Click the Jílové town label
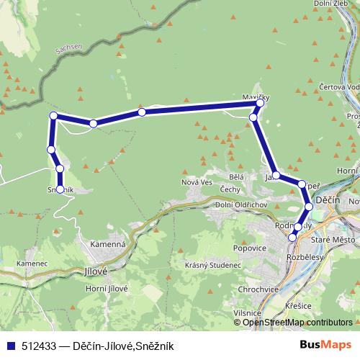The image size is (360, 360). click(x=95, y=271)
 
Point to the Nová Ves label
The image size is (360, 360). click(x=196, y=182)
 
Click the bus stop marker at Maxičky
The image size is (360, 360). click(x=261, y=104)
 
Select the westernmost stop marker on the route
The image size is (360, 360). click(x=50, y=149)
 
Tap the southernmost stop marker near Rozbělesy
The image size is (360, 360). click(x=292, y=237)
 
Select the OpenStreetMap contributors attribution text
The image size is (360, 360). click(x=297, y=322)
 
